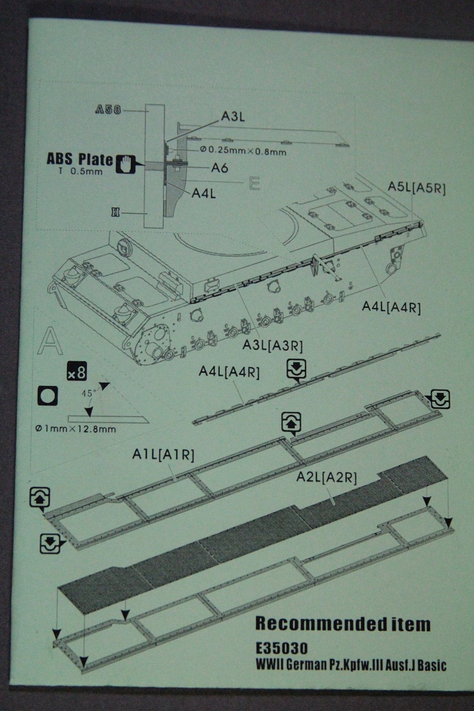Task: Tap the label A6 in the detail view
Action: point(220,168)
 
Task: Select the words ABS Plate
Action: point(79,159)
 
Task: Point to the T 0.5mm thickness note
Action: point(79,171)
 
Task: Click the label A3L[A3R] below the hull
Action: point(273,345)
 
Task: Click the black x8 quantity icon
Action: point(76,373)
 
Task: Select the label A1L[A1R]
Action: point(163,454)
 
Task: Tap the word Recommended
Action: point(313,624)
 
